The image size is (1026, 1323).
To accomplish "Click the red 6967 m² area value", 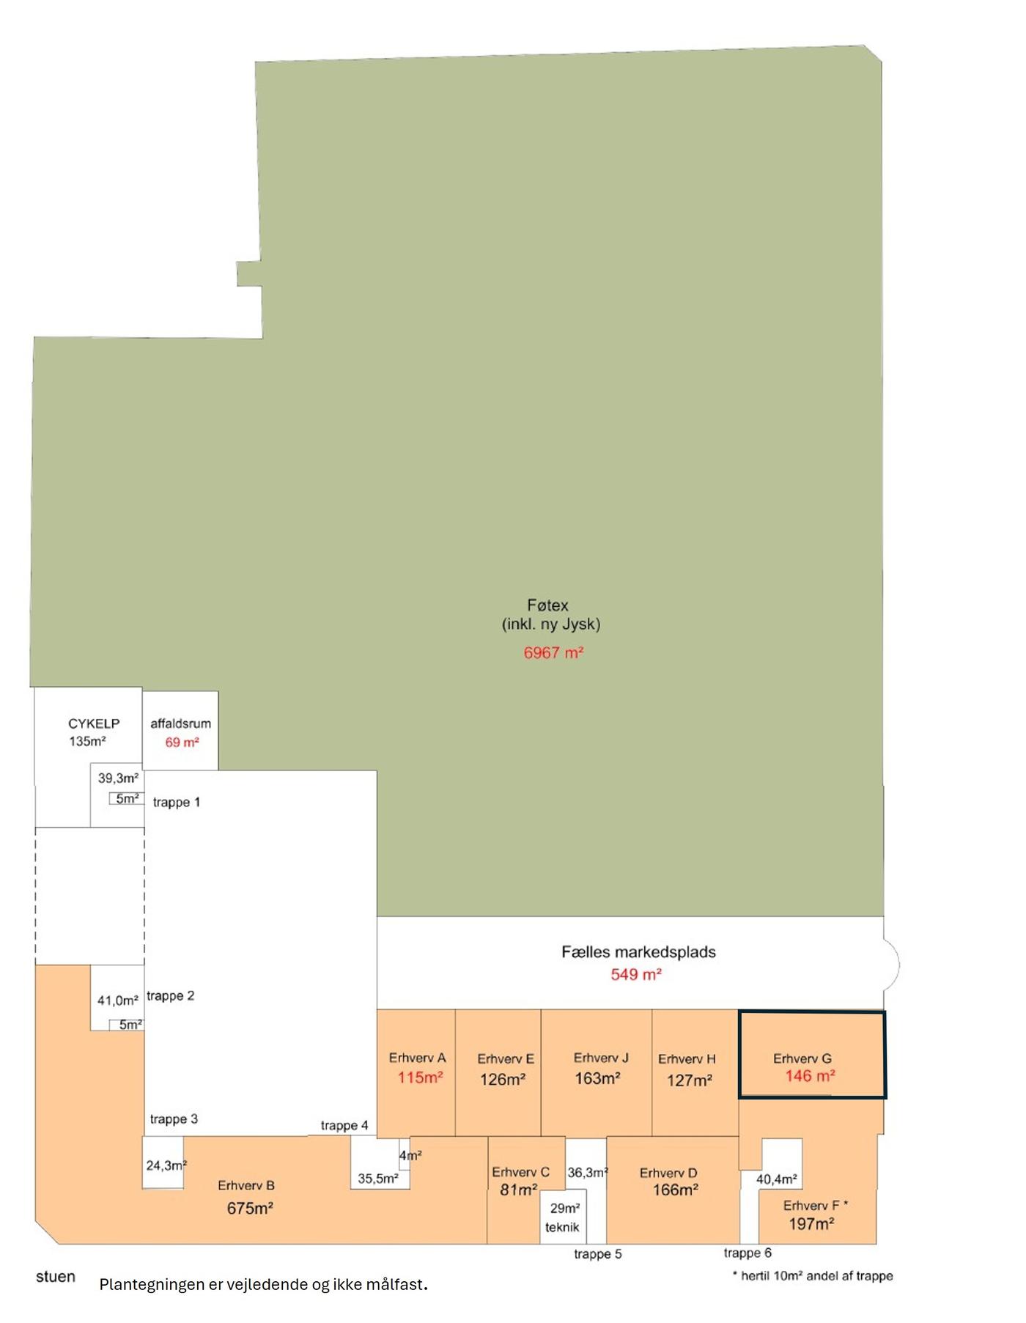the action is pyautogui.click(x=553, y=652).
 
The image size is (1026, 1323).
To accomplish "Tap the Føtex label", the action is pyautogui.click(x=547, y=605).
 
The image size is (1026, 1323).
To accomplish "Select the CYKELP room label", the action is pyautogui.click(x=94, y=723).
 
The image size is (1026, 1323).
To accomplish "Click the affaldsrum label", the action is pyautogui.click(x=180, y=723).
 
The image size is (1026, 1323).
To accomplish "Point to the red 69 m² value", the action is pyautogui.click(x=182, y=742).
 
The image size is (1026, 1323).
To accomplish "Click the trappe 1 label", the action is pyautogui.click(x=177, y=802).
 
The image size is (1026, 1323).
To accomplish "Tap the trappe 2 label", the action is pyautogui.click(x=171, y=995).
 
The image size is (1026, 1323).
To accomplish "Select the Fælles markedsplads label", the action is pyautogui.click(x=638, y=952).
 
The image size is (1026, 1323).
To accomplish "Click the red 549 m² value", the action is pyautogui.click(x=636, y=974).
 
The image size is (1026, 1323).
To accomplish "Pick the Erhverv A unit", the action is pyautogui.click(x=416, y=1072).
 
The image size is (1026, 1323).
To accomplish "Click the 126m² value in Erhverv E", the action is pyautogui.click(x=503, y=1080).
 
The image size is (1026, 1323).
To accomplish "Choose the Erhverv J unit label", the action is pyautogui.click(x=601, y=1058).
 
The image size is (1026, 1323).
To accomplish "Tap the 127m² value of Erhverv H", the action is pyautogui.click(x=690, y=1080).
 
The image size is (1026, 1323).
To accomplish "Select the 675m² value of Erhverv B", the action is pyautogui.click(x=250, y=1208).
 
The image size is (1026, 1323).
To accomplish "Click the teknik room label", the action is pyautogui.click(x=562, y=1227).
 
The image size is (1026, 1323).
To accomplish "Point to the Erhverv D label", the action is pyautogui.click(x=668, y=1173).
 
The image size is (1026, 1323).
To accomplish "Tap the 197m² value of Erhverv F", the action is pyautogui.click(x=811, y=1223).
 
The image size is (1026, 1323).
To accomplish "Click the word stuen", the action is pyautogui.click(x=56, y=1276).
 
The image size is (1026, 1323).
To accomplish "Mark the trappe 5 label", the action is pyautogui.click(x=598, y=1254).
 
